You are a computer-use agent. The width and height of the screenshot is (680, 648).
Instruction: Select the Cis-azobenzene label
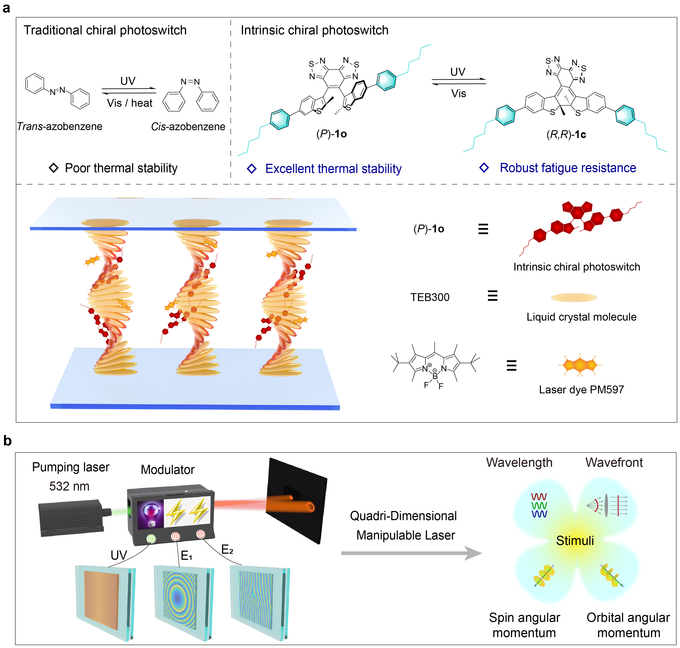[188, 127]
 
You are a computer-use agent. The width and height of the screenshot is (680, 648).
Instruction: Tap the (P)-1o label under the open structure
[331, 134]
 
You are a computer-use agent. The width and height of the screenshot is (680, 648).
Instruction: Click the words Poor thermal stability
[121, 168]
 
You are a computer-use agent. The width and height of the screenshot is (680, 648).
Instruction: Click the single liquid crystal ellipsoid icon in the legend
[574, 297]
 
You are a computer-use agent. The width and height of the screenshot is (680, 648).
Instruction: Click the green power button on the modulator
[151, 538]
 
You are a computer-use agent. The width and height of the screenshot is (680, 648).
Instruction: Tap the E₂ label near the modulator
[227, 549]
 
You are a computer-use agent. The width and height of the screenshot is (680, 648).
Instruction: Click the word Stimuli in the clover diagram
[575, 541]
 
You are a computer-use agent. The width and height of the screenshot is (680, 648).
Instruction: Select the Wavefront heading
[614, 462]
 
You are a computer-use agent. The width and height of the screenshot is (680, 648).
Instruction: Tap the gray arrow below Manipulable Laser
[411, 553]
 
